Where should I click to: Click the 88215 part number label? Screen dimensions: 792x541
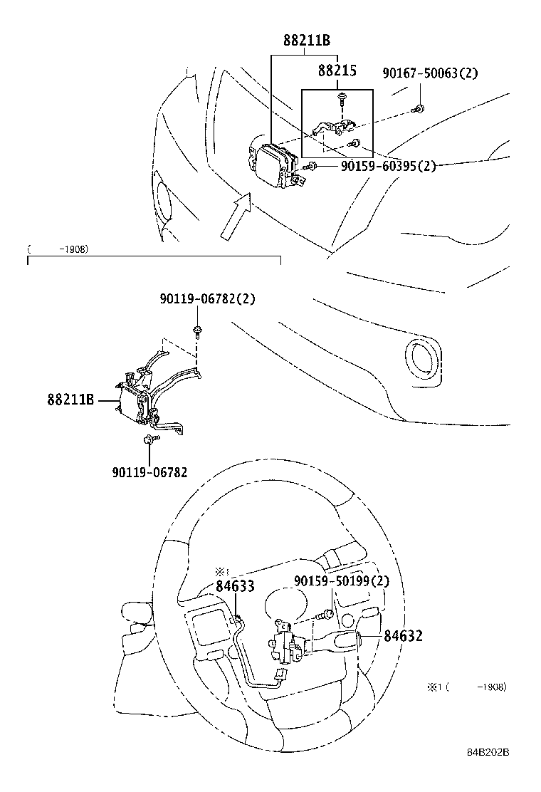click(x=337, y=71)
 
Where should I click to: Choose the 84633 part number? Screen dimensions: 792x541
click(x=235, y=585)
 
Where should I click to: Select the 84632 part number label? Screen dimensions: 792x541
click(x=403, y=635)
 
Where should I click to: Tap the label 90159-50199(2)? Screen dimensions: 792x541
click(x=342, y=582)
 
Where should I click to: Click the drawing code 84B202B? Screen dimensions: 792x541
click(x=491, y=772)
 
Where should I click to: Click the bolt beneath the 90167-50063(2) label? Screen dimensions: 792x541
click(x=419, y=109)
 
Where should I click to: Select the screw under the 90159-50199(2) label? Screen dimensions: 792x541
click(x=327, y=613)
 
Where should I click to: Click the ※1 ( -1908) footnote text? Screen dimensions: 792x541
click(x=466, y=687)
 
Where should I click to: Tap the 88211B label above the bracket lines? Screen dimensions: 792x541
click(x=306, y=41)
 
